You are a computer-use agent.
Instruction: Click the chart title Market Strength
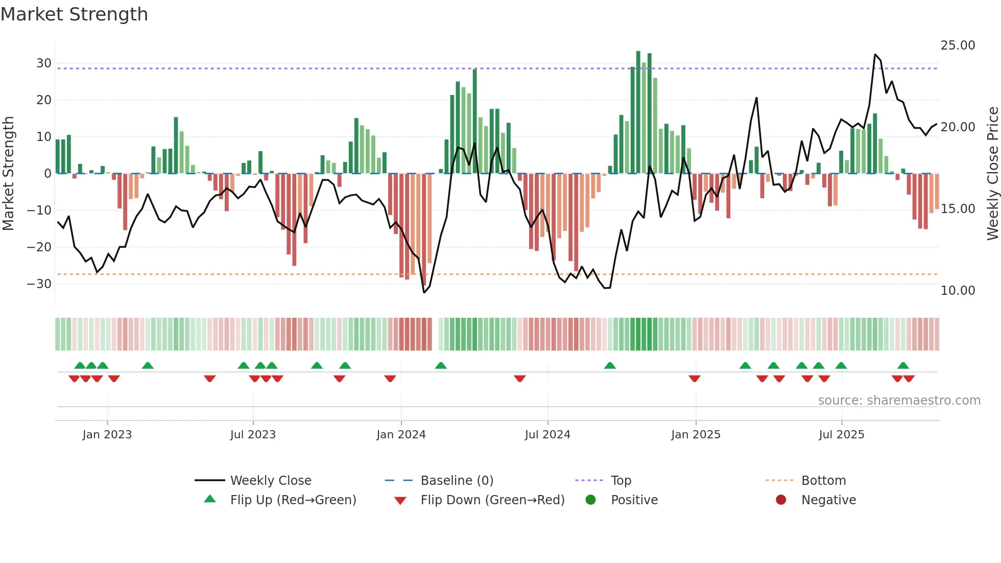[x=74, y=14]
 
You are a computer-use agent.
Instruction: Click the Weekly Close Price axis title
[x=992, y=173]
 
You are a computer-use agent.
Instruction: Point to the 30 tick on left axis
[x=44, y=63]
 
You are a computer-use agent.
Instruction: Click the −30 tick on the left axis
[x=39, y=284]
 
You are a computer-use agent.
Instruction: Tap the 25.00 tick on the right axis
[x=958, y=45]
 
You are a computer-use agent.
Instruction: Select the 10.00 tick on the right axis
[x=958, y=291]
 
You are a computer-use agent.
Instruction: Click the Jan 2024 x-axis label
[x=401, y=435]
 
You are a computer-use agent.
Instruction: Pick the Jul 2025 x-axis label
[x=841, y=435]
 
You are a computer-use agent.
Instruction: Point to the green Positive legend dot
[x=591, y=500]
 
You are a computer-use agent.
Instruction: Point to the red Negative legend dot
[x=781, y=500]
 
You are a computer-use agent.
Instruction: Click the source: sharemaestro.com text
[x=899, y=401]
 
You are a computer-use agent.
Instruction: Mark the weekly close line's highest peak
[x=875, y=55]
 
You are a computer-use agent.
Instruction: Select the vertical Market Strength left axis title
[x=8, y=173]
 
